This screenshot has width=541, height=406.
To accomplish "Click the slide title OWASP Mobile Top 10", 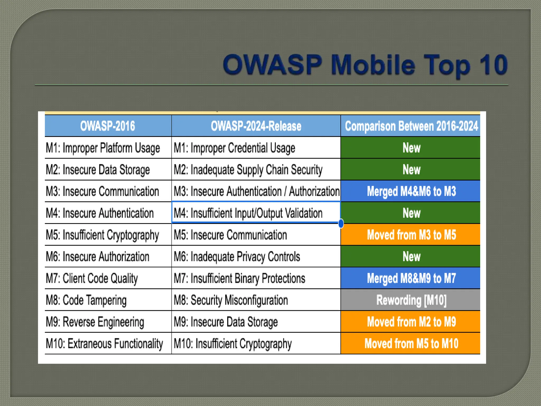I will [365, 65].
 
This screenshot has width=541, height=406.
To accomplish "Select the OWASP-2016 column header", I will [108, 126].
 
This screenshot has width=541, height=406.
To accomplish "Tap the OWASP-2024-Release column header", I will [256, 126].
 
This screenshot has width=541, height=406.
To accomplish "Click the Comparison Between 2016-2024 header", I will [411, 126].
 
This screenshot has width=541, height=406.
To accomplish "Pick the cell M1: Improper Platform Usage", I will [103, 148].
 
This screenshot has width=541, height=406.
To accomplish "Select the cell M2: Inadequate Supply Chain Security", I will [248, 170].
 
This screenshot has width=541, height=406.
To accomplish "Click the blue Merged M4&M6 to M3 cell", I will [411, 191].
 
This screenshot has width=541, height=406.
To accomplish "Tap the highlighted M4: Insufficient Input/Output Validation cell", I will [248, 213].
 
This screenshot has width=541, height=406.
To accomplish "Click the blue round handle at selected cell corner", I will [341, 223].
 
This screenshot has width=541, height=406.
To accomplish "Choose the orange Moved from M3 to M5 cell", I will [411, 235].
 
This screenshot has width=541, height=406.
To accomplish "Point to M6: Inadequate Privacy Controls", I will [237, 257].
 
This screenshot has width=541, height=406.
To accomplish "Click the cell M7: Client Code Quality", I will [92, 278].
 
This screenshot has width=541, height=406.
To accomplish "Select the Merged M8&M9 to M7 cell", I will [411, 278].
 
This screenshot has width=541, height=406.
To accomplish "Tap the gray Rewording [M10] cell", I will [411, 300].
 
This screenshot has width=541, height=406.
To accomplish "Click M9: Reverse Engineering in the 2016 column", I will [95, 322].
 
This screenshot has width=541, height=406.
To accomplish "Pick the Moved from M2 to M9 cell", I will [411, 322].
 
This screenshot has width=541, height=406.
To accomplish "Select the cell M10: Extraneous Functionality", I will [104, 344].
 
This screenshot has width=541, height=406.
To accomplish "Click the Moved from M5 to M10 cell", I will [411, 344].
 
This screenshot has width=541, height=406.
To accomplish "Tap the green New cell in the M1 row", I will [411, 148].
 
